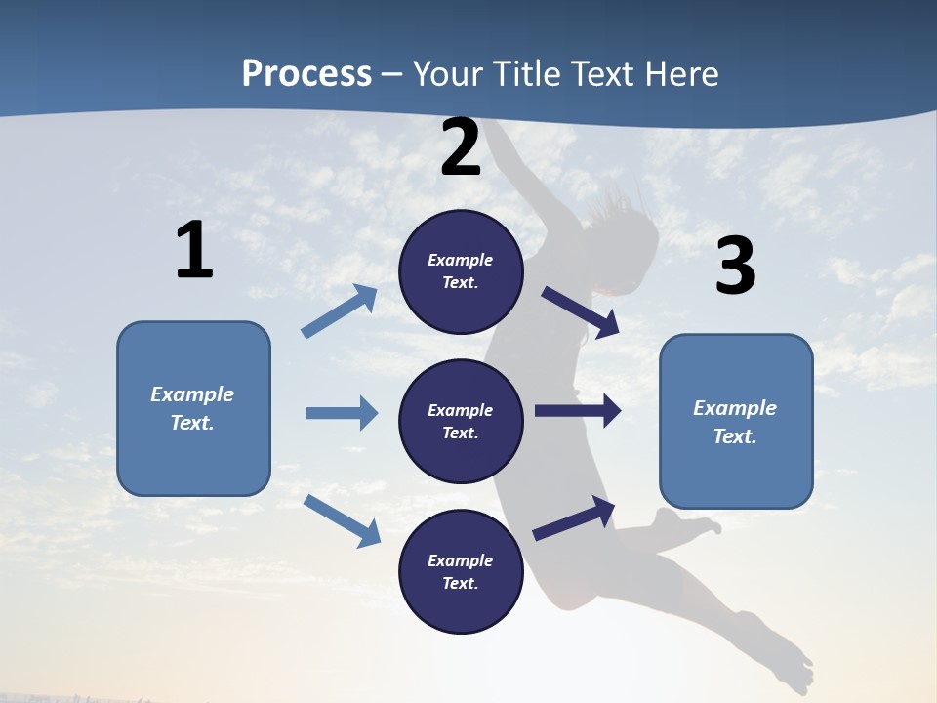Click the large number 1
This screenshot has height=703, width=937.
click(194, 251)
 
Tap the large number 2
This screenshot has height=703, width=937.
click(461, 148)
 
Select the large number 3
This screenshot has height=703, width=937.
click(735, 267)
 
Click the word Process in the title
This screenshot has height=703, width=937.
click(306, 73)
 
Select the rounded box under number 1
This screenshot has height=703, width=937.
click(193, 408)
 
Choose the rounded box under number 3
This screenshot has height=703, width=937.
click(736, 422)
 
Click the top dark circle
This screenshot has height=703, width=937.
click(461, 271)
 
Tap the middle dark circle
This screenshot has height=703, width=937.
click(461, 422)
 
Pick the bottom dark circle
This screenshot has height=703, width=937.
click(461, 572)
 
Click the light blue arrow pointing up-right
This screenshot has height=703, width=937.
click(340, 311)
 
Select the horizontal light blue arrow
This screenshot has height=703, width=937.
click(342, 413)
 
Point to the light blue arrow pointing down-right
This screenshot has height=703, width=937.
click(342, 519)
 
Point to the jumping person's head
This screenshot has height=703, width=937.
click(625, 244)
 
